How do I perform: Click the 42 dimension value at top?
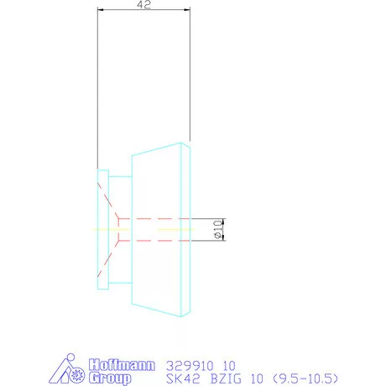pos(145,4)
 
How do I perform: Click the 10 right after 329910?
pos(227,365)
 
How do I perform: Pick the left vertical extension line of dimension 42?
pos(98,84)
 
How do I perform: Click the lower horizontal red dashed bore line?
pos(159,241)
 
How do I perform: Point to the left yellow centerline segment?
pos(104,228)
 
